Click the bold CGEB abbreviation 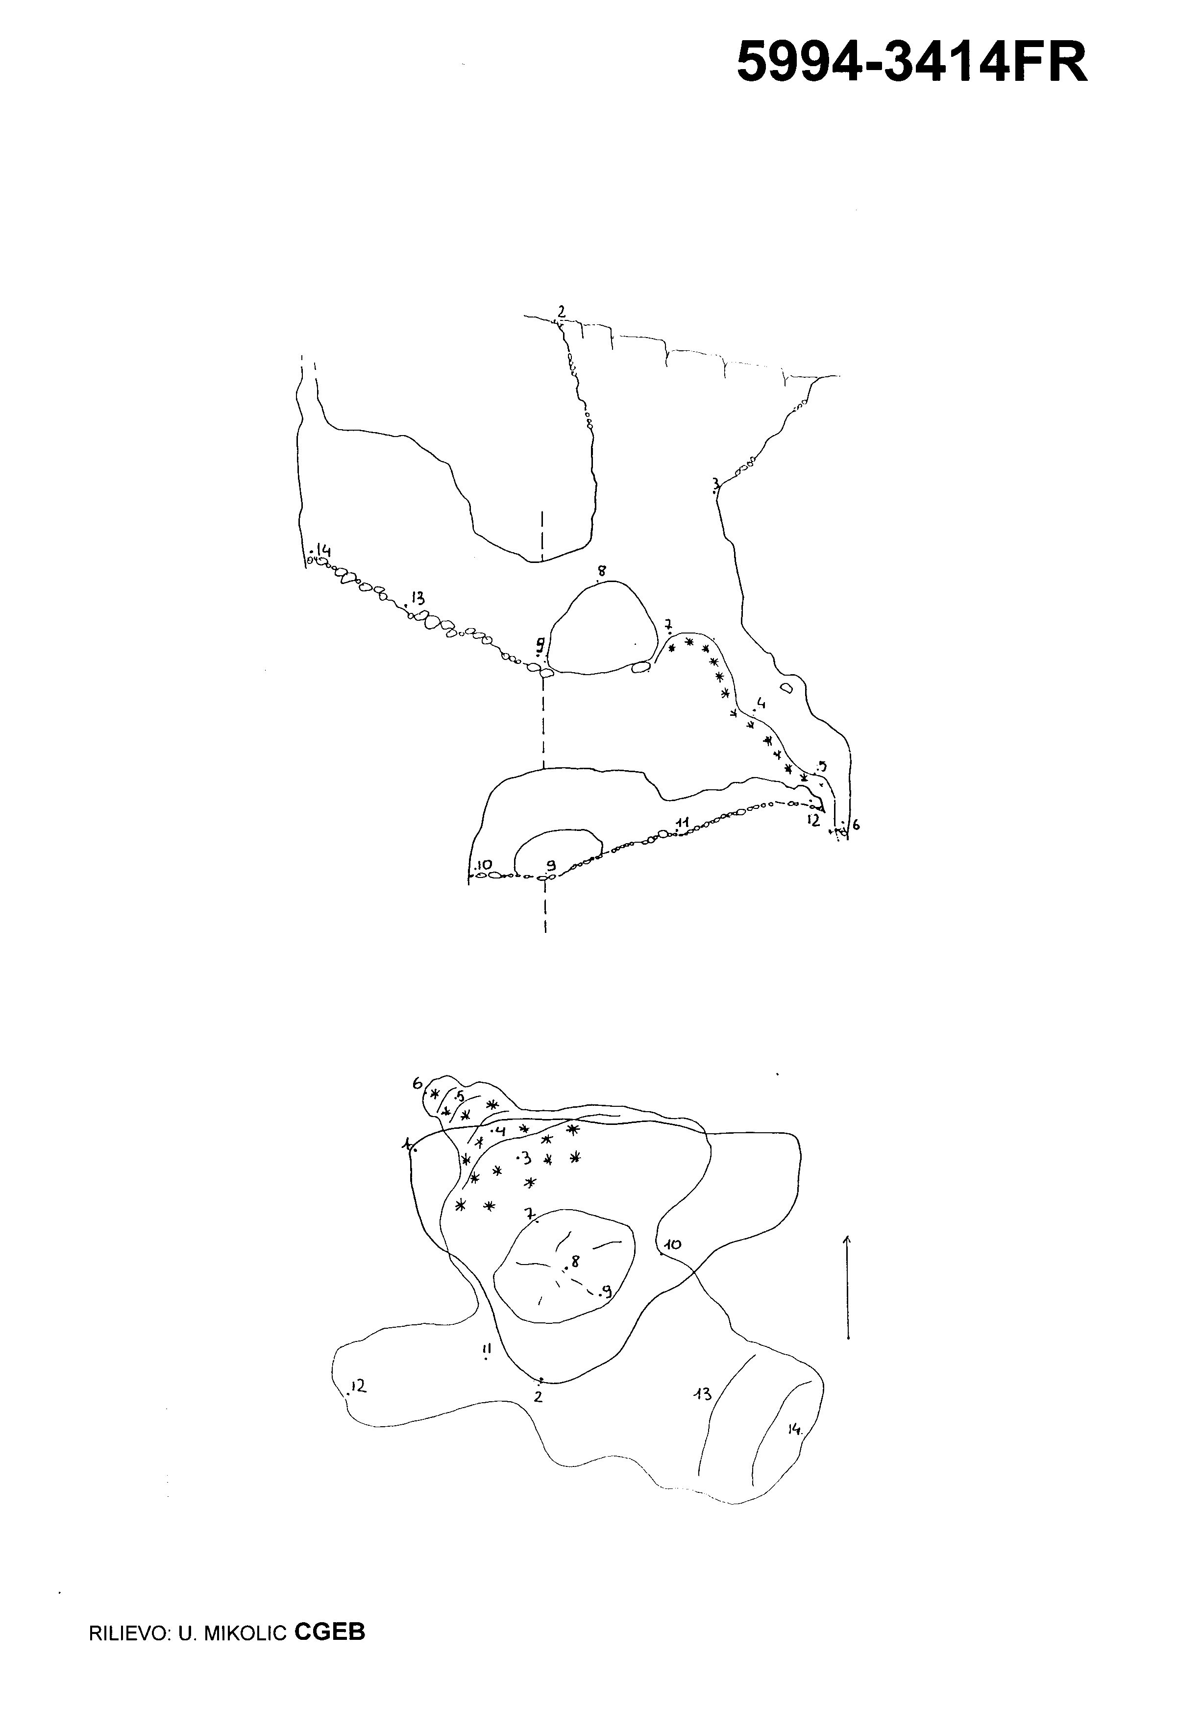coord(330,1626)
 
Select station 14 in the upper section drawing coord(324,549)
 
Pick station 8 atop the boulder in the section coord(602,571)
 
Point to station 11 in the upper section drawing coord(684,821)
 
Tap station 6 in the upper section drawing coord(856,825)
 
